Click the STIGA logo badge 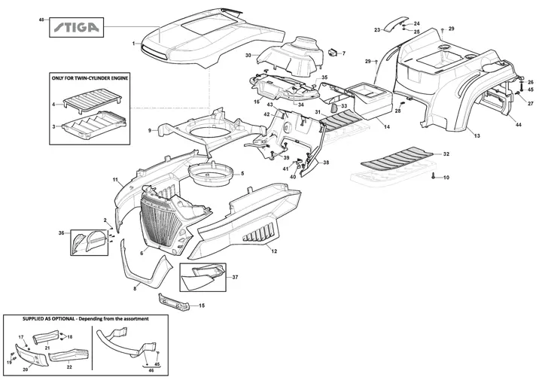pyautogui.click(x=76, y=27)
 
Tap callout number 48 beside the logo pyautogui.click(x=41, y=20)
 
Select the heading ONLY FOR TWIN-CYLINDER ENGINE pyautogui.click(x=90, y=78)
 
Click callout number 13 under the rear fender pyautogui.click(x=477, y=135)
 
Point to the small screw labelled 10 pyautogui.click(x=434, y=177)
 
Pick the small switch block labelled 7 pyautogui.click(x=333, y=53)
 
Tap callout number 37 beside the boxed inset pyautogui.click(x=235, y=277)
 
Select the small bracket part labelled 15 pyautogui.click(x=174, y=302)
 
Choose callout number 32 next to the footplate pyautogui.click(x=446, y=154)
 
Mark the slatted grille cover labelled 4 pyautogui.click(x=93, y=99)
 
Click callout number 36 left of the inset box pyautogui.click(x=61, y=233)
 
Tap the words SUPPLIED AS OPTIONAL pyautogui.click(x=48, y=319)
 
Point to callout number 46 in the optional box pyautogui.click(x=151, y=370)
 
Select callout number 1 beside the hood pyautogui.click(x=133, y=44)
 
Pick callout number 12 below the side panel pyautogui.click(x=274, y=251)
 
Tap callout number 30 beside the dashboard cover pyautogui.click(x=248, y=55)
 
